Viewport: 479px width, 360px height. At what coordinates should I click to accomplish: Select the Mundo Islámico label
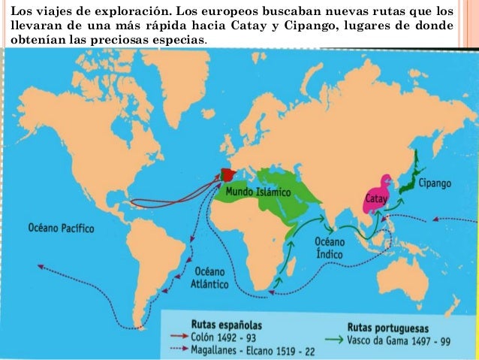click(x=258, y=192)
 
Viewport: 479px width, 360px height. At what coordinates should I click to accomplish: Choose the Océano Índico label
click(x=329, y=248)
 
